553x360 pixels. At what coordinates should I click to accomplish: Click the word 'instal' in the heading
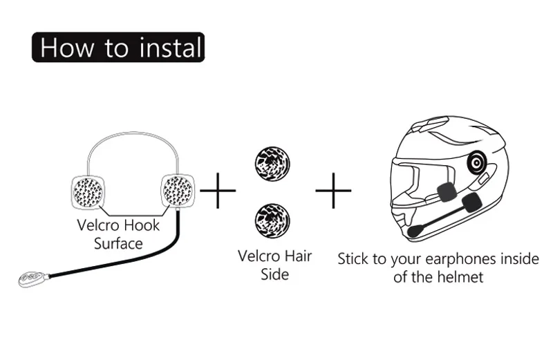coord(170,47)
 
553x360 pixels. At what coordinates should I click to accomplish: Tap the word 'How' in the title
coord(67,47)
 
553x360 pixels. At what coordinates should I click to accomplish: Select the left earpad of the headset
coord(88,192)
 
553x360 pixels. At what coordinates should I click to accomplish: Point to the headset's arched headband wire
coord(133,133)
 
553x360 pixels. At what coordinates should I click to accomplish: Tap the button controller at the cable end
coord(32,278)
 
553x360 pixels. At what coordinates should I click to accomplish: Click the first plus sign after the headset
coord(218,191)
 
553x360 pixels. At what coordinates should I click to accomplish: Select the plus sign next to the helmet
coord(333,191)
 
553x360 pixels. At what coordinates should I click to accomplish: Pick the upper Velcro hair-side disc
coord(272,164)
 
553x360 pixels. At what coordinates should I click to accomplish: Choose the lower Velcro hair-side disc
coord(272,220)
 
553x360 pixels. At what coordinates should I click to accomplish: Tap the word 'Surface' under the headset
coord(118,244)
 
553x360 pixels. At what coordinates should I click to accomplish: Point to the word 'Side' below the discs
coord(274,275)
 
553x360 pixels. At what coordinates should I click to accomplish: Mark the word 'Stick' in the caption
coord(354,259)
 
